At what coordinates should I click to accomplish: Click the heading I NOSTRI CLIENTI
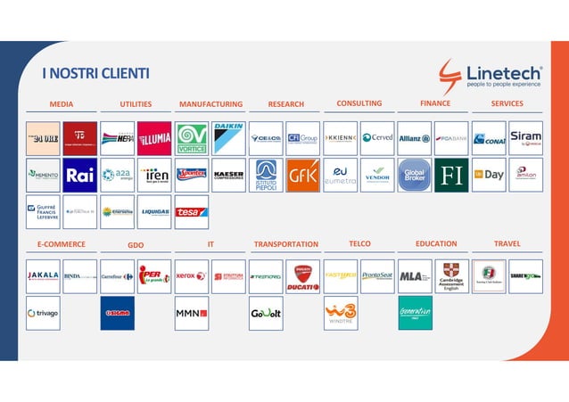click(95, 73)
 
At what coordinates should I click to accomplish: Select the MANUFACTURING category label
click(210, 104)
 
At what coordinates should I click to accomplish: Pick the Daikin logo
click(228, 138)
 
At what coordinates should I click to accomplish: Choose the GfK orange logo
click(302, 175)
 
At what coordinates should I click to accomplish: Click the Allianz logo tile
click(414, 138)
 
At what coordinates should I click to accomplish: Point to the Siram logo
click(525, 138)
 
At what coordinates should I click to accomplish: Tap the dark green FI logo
click(451, 175)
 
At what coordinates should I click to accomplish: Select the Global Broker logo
click(414, 175)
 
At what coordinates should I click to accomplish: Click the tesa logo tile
click(192, 212)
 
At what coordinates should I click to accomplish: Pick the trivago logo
click(43, 313)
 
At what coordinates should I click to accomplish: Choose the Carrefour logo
click(117, 276)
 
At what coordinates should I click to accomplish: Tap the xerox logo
click(192, 276)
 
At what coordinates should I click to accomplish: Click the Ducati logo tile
click(302, 276)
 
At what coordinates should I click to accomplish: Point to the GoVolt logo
click(266, 313)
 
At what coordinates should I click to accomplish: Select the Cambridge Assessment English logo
click(451, 276)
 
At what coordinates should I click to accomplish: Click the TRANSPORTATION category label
click(286, 244)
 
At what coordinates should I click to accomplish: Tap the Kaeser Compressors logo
click(228, 175)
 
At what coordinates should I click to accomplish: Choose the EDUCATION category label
click(436, 243)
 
